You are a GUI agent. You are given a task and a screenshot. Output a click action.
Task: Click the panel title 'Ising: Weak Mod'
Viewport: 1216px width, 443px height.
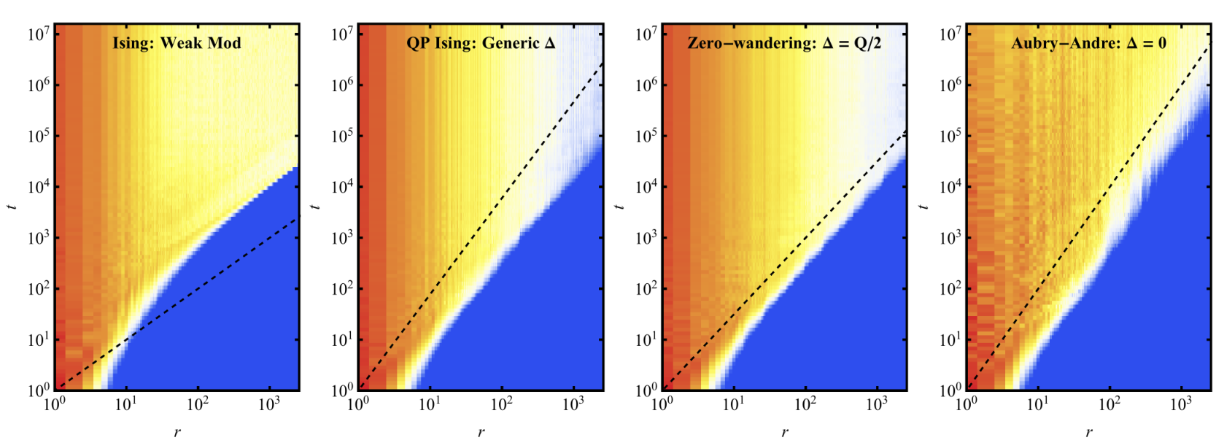177,43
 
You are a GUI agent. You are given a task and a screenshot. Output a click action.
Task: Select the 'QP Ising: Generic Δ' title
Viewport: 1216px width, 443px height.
481,43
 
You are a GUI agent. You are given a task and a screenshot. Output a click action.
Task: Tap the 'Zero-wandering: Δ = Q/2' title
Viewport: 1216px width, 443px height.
784,43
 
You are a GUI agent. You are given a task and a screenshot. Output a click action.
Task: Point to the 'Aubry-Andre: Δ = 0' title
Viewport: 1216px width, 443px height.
1088,43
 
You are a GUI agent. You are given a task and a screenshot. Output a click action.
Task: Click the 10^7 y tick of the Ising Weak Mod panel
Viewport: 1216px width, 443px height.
39,35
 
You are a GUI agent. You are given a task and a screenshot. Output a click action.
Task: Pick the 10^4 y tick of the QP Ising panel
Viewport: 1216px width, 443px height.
343,188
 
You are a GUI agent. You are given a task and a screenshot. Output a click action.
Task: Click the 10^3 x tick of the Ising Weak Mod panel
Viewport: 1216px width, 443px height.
268,404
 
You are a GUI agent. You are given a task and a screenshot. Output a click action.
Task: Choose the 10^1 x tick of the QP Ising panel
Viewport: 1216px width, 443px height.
430,404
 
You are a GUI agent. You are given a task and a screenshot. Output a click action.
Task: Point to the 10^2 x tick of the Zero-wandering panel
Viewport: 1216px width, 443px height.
805,404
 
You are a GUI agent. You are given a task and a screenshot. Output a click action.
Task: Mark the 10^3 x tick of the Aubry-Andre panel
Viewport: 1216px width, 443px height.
1181,404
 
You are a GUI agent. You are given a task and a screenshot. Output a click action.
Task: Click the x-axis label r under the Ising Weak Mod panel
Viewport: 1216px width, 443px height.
177,433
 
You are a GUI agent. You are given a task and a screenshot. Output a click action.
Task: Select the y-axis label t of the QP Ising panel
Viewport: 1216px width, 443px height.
316,207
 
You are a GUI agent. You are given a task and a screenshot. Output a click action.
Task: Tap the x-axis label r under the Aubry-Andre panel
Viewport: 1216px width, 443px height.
1089,433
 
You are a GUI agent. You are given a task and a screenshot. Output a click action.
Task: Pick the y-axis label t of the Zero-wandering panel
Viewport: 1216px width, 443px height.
620,207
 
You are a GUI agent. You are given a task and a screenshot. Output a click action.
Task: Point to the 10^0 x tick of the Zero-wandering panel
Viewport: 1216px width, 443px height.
663,404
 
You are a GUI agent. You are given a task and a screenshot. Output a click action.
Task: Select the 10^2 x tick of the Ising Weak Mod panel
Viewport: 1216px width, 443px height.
197,404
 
